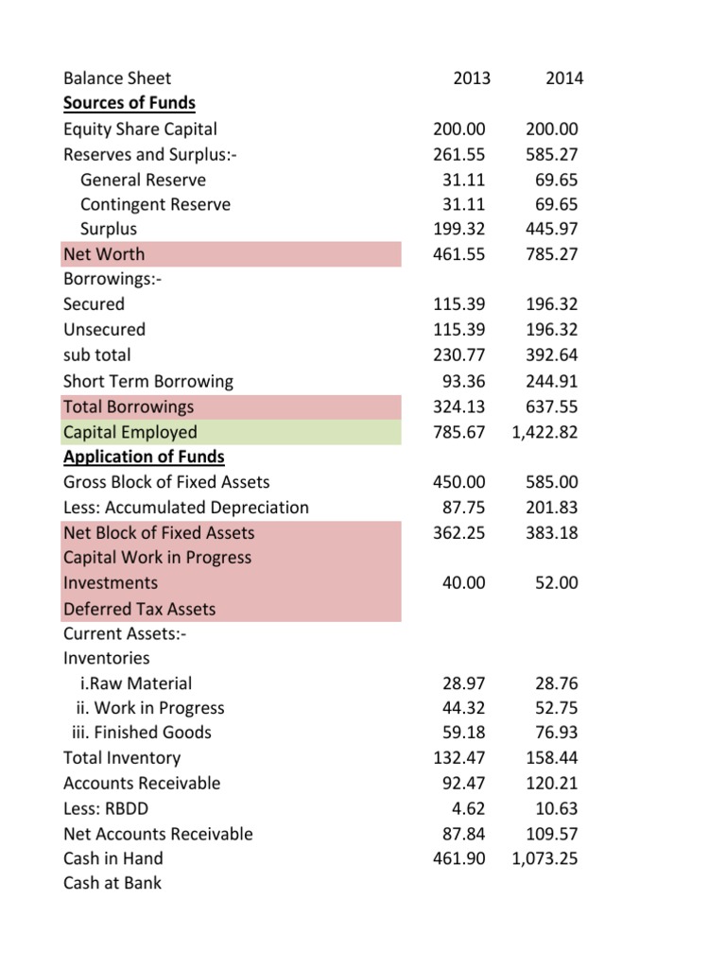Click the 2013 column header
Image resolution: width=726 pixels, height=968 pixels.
pos(472,78)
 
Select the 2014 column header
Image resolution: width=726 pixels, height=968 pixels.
pos(564,78)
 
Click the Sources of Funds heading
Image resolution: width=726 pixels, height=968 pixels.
pos(129,103)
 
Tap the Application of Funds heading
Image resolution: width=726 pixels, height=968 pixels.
pos(144,457)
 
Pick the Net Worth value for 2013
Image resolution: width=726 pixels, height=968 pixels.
pos(458,254)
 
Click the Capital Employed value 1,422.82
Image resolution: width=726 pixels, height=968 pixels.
pos(544,432)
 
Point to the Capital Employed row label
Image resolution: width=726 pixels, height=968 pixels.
pos(130,432)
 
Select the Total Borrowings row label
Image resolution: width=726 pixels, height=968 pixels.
pos(129,406)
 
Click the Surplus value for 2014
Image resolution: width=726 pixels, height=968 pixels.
pos(552,229)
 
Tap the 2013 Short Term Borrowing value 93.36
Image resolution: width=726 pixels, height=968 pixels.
pos(463,382)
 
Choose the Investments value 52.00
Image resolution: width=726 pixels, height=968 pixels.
pos(556,582)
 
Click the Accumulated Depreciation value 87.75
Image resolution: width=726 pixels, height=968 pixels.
pos(463,508)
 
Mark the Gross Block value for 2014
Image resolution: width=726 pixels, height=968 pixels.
pos(552,482)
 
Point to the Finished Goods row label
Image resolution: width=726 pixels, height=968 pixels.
pos(142,733)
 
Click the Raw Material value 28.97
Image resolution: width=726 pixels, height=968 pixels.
pos(463,683)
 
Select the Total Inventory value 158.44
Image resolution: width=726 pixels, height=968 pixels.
pos(552,757)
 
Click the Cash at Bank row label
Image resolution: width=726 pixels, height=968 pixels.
pos(112,884)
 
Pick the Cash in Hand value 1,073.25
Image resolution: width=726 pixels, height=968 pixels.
pos(544,858)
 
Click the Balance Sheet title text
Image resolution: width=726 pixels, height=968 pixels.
pos(117,78)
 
